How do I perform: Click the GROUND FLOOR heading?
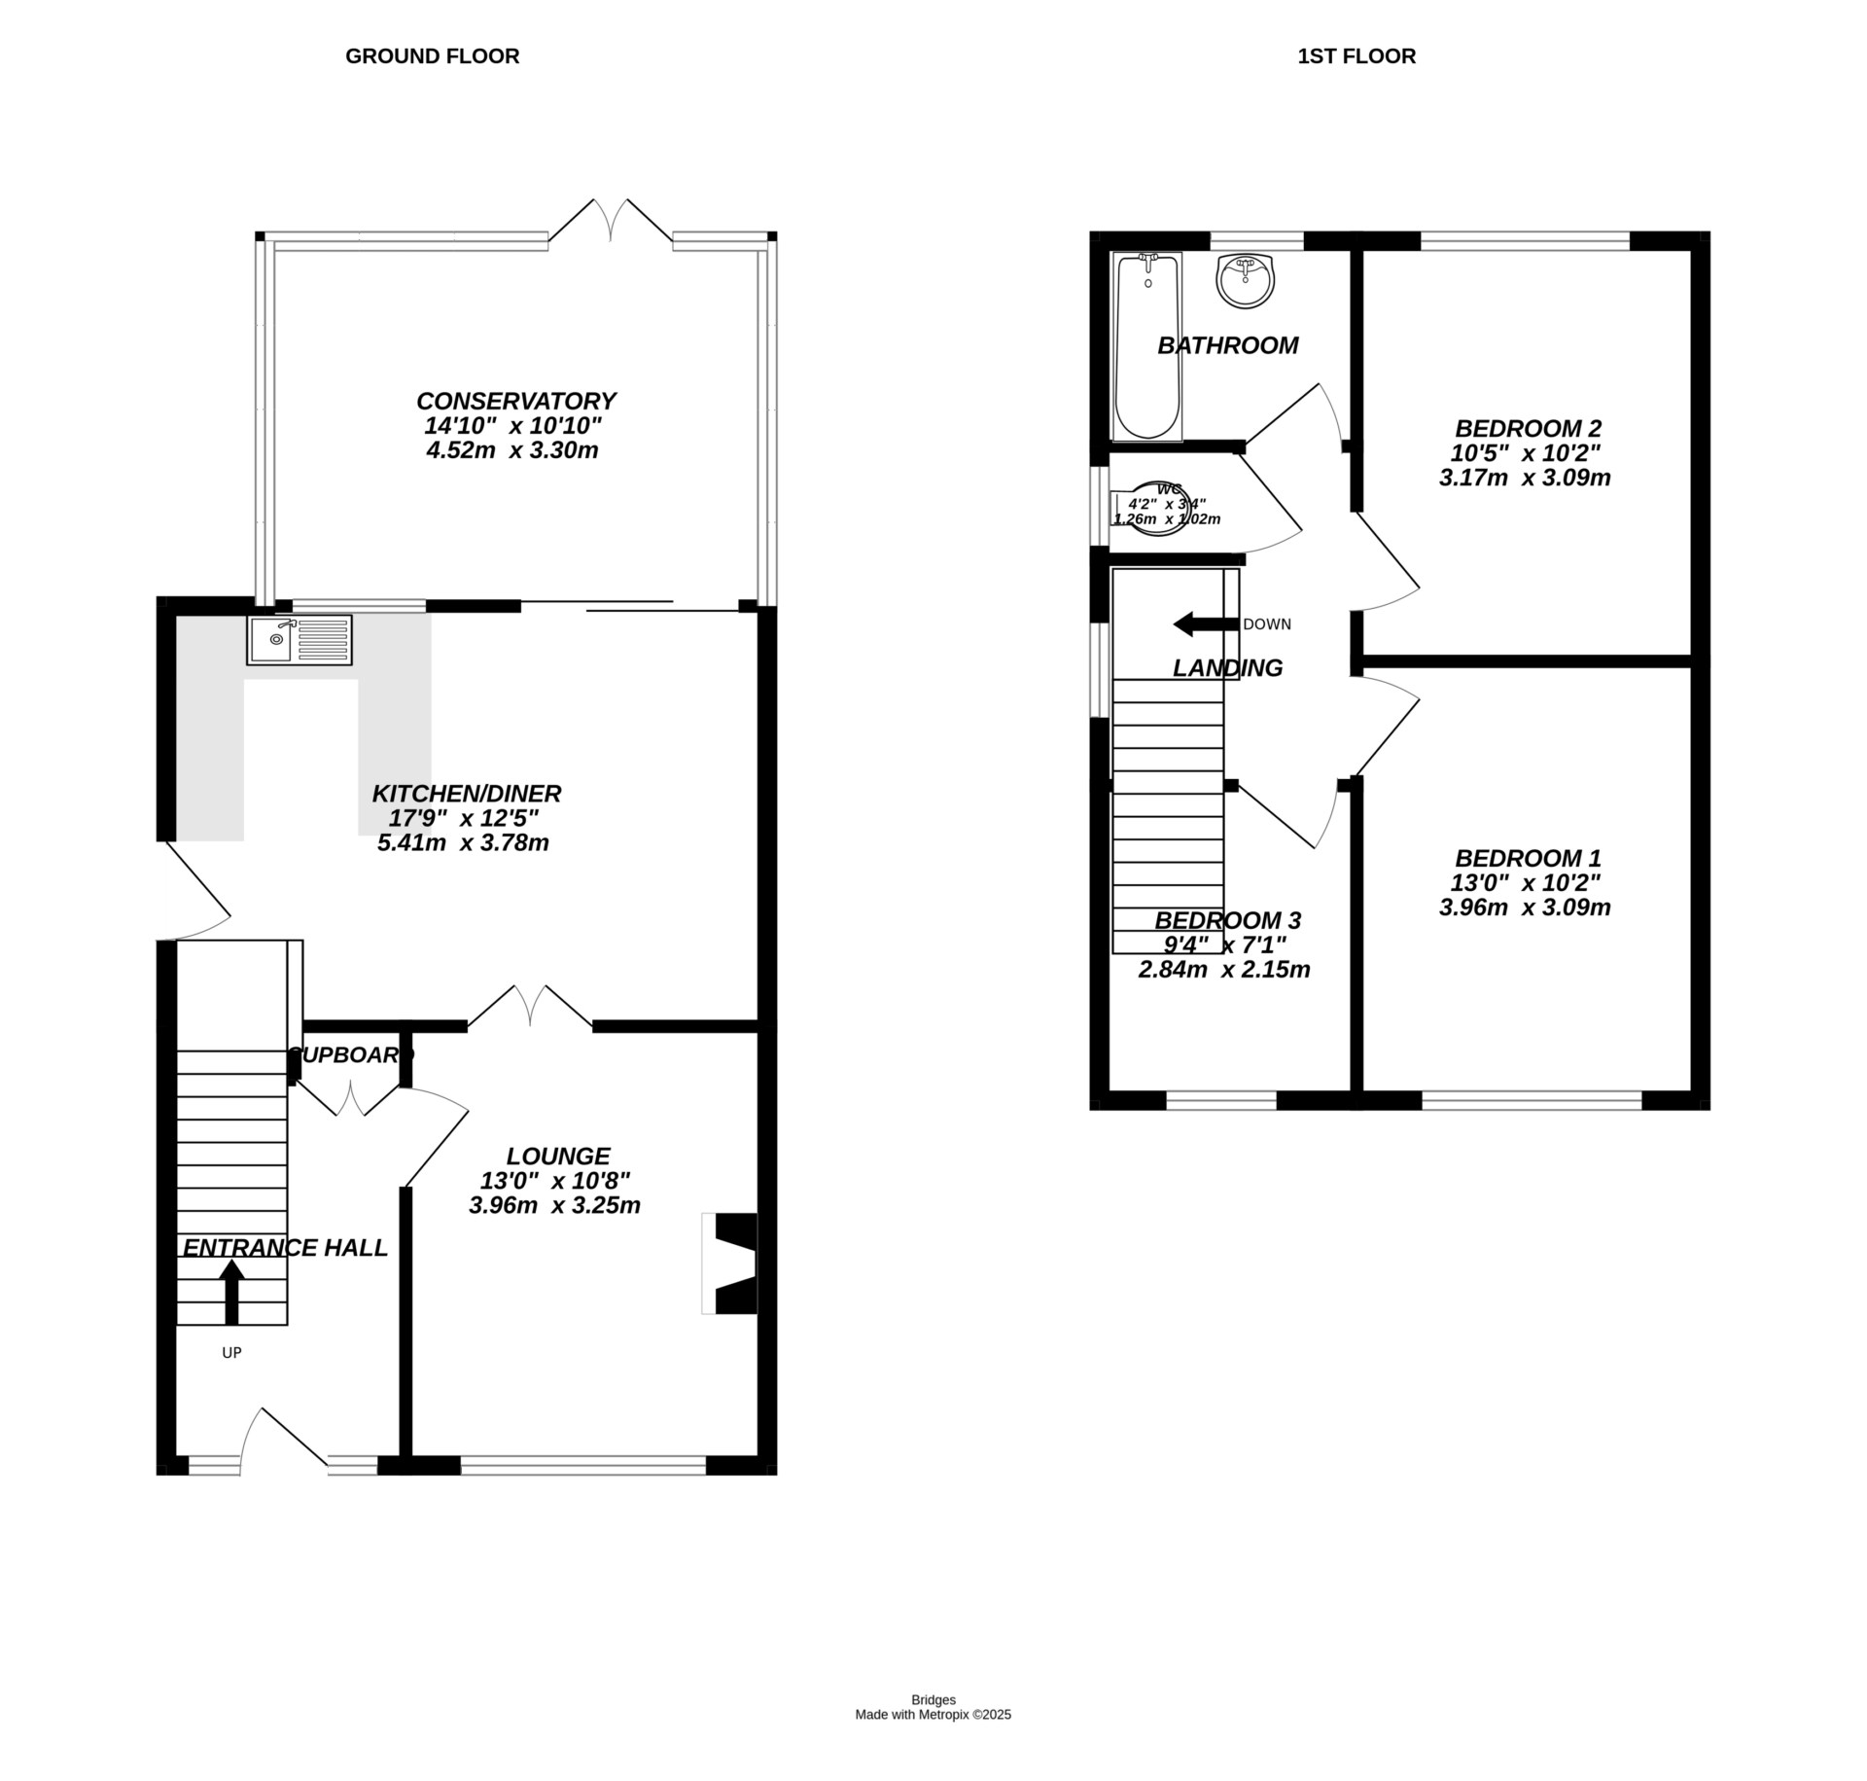tap(432, 56)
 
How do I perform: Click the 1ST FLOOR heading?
tap(1356, 56)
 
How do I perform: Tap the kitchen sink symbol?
tap(299, 639)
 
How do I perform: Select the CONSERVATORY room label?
tap(515, 401)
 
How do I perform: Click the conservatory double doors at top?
tap(611, 222)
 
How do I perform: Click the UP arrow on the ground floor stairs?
tap(231, 1291)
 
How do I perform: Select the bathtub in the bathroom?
tap(1147, 345)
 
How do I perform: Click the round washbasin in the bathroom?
tap(1245, 280)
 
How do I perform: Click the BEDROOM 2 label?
tap(1528, 428)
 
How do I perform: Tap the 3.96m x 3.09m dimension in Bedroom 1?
tap(1524, 908)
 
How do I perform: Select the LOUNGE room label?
tap(557, 1156)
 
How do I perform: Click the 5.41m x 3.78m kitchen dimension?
tap(463, 843)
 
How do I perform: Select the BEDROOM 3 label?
tap(1227, 920)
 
